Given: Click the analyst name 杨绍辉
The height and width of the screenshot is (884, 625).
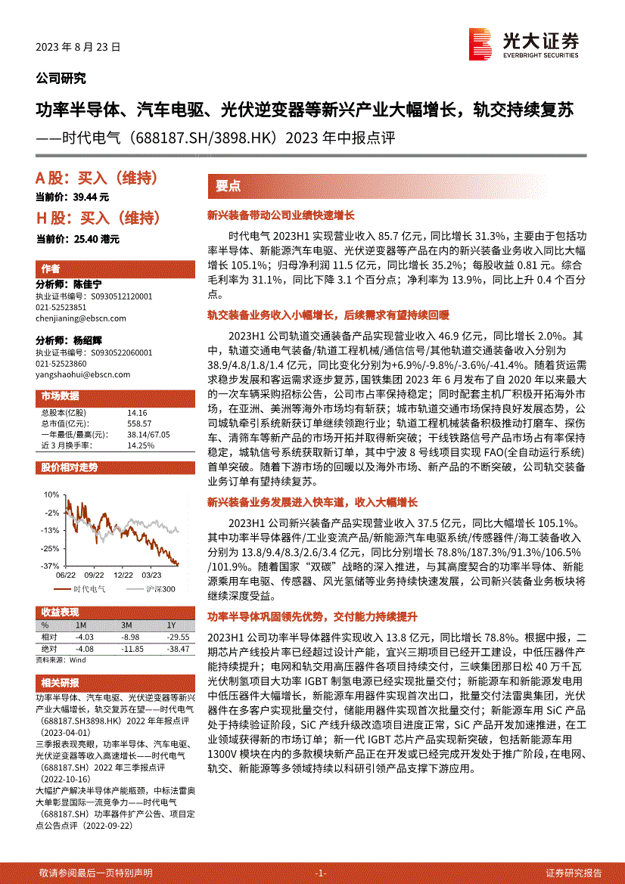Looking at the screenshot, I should click(88, 341).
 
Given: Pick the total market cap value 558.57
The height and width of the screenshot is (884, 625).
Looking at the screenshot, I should click(140, 423).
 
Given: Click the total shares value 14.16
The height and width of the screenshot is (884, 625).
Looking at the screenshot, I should click(137, 413).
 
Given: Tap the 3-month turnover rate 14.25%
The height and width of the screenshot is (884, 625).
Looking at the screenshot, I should click(141, 445).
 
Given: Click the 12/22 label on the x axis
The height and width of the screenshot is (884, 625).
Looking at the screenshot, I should click(124, 575).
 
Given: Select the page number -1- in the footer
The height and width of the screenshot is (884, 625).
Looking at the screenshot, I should click(321, 873).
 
